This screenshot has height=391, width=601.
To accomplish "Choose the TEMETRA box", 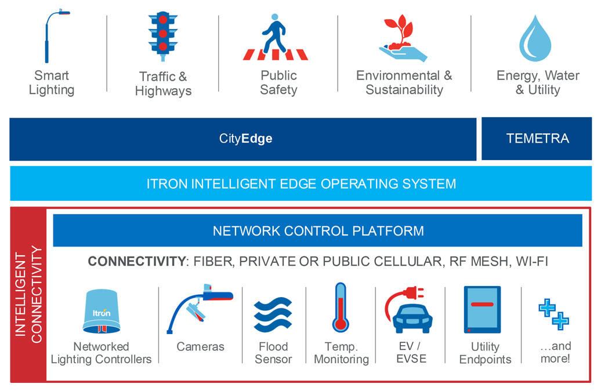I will pos(537,139).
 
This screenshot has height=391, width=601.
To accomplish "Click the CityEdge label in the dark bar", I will pos(245,139).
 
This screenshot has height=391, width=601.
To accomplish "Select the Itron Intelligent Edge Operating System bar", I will pos(300,184).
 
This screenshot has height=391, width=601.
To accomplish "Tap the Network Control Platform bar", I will pos(318,231).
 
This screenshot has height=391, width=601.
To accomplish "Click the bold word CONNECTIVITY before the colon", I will pos(136,262).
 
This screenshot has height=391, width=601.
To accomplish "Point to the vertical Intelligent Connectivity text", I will pos(28,295).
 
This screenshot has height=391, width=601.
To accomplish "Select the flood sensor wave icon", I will pos(273,314).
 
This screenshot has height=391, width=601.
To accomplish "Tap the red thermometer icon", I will pos(339,307).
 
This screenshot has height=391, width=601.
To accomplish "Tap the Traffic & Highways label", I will pos(163,84).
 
